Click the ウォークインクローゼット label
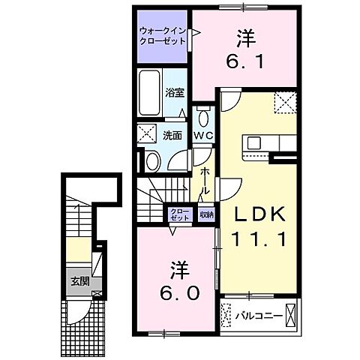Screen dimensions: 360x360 pos(162,37)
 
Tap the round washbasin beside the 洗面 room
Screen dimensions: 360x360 pos(151,159)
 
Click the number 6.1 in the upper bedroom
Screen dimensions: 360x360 pos(244,61)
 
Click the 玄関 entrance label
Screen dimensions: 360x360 pos(80,281)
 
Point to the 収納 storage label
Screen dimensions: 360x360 pos(206,214)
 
